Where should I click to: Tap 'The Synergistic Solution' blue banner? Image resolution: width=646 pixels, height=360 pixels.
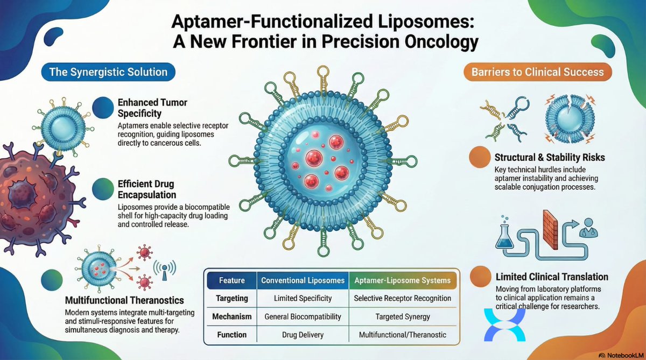pos(108,72)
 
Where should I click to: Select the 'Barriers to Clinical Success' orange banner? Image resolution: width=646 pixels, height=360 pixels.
pos(538,72)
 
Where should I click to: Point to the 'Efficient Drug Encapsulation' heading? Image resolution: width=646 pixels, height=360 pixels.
pos(147,189)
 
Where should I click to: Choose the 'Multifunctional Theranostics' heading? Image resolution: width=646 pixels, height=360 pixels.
pos(125,300)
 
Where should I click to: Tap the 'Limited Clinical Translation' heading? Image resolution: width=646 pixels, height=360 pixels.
pos(551,277)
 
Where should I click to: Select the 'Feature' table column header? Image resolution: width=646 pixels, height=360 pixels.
pos(232,280)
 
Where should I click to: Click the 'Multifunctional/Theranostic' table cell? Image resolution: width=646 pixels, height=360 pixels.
pos(403,335)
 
